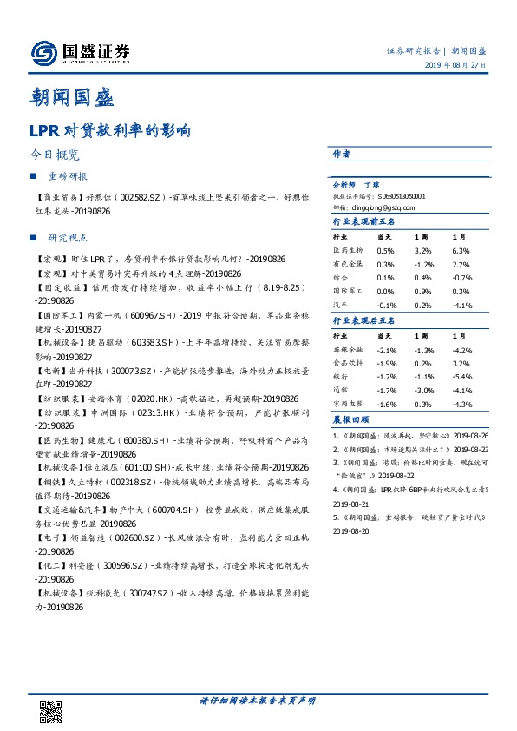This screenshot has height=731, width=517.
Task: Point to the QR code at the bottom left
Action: click(x=51, y=710)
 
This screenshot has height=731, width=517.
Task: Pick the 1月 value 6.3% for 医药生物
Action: click(x=461, y=250)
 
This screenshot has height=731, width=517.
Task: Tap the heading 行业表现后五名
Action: click(x=363, y=321)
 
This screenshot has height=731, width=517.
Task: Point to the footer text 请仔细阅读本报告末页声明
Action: click(x=258, y=700)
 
